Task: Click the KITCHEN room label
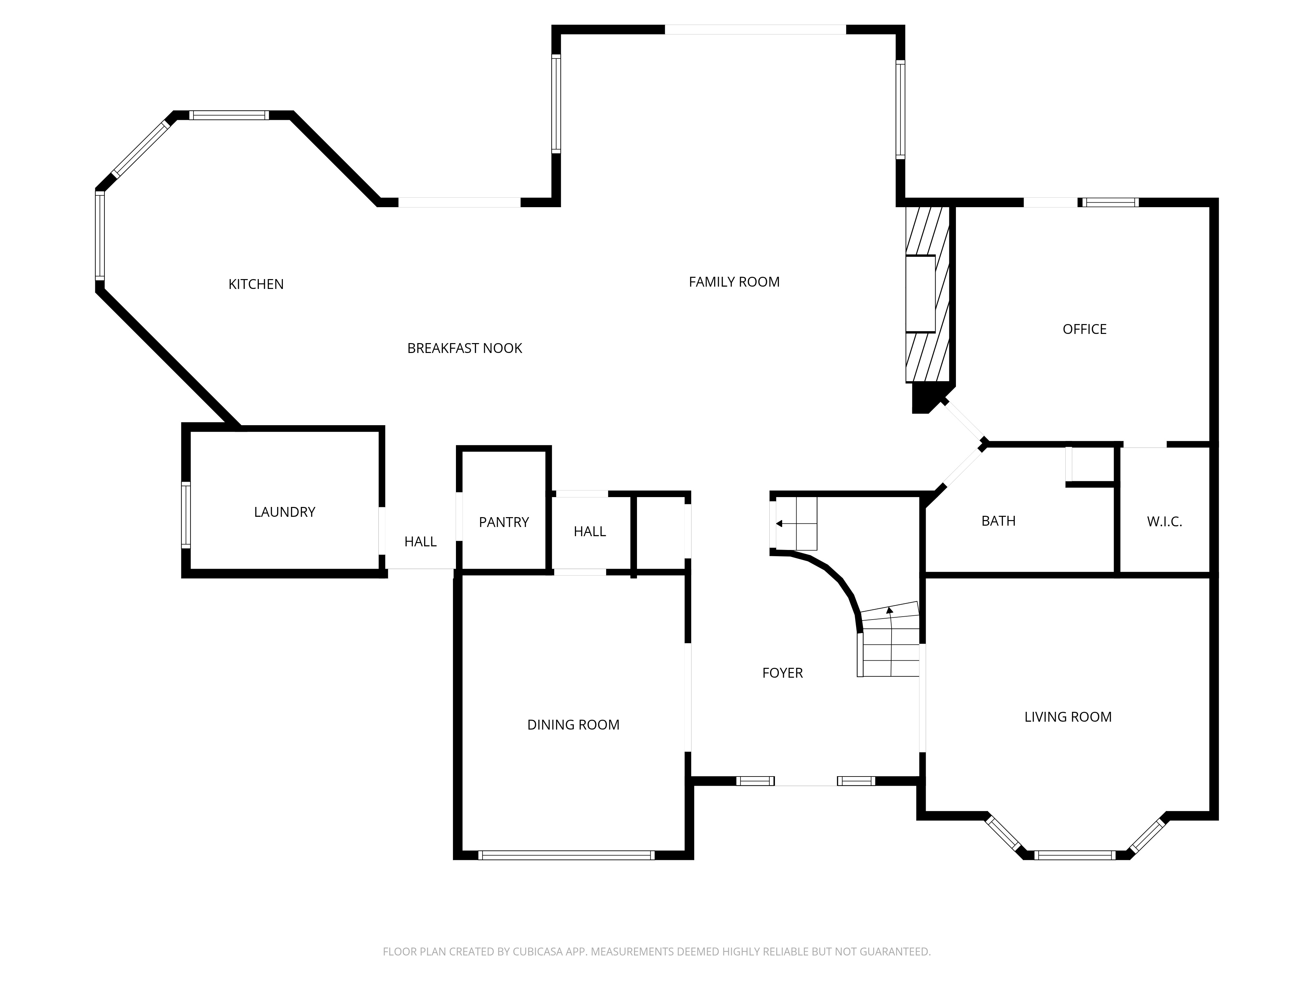tap(256, 284)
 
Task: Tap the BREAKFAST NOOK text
tap(464, 348)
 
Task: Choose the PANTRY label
tap(504, 522)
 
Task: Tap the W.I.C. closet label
tap(1164, 522)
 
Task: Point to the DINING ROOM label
tap(573, 725)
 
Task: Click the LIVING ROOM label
tap(1068, 717)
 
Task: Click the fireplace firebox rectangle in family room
tap(920, 294)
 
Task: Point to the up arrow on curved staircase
tap(889, 610)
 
